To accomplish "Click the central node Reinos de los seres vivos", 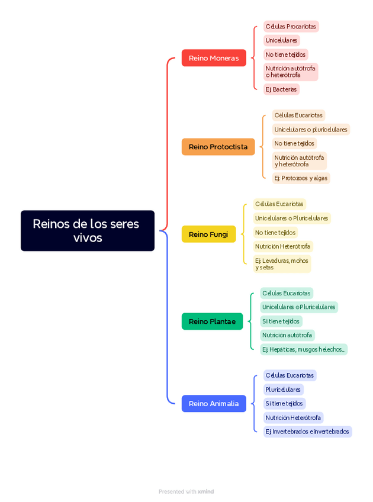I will pos(87,231).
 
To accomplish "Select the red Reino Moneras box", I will pos(214,58).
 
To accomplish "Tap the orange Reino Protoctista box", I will pos(218,147).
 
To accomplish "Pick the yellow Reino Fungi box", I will pos(208,234).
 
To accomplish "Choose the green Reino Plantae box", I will pos(212,321).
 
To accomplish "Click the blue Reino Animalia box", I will pos(214,404).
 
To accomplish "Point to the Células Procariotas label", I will pos(291,27).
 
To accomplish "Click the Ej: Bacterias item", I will pos(281,89).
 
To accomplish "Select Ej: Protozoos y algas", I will pos(301,178).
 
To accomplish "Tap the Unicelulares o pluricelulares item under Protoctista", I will pos(311,130).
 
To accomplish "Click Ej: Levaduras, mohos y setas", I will pos(282,264).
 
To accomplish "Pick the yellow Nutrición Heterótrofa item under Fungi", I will pos(283,246).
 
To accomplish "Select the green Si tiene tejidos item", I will pos(281,321).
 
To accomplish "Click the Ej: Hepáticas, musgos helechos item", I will pos(304,349).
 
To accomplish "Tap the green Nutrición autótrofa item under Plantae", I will pos(287,335).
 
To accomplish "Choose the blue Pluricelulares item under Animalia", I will pos(283,390).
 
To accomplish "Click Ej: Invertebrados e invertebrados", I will pos(307,432).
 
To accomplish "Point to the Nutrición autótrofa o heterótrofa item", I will pos(291,72).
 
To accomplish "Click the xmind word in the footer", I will pos(206,492).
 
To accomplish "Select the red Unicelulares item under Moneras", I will pos(281,40).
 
